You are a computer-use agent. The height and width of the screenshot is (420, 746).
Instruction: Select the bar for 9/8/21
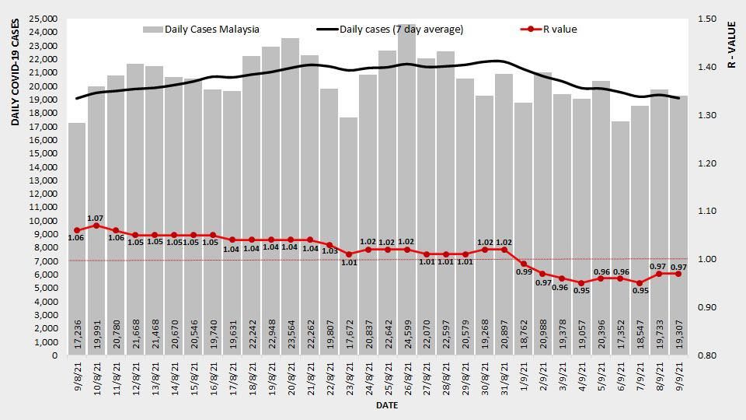77,233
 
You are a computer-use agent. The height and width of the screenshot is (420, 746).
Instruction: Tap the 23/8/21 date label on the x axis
349,379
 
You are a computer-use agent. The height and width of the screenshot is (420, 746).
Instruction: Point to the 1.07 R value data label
96,218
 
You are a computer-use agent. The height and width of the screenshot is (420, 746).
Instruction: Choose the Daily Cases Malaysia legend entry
201,30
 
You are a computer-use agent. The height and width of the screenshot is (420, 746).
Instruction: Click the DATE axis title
388,405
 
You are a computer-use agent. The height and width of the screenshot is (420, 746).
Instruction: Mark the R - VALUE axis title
731,44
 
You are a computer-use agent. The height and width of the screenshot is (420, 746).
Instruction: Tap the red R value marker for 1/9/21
524,264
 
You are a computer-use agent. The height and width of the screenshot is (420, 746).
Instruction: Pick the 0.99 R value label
524,273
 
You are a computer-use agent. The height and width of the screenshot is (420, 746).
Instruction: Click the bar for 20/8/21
291,194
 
